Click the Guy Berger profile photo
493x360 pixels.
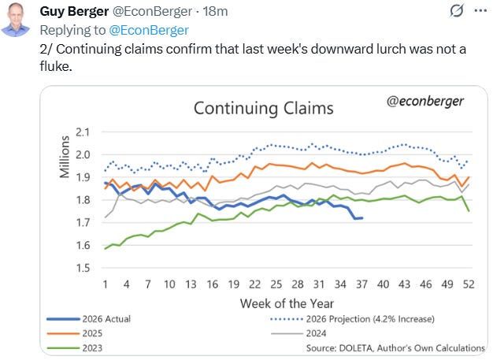pos(15,20)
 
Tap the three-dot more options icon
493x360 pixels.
pos(480,11)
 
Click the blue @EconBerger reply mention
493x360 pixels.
pos(149,30)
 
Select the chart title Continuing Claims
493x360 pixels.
pos(264,109)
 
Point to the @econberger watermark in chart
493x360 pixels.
pos(425,102)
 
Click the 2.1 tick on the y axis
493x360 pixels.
pos(83,132)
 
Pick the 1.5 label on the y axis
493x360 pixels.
pos(83,268)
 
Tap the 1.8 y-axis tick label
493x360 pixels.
pos(83,200)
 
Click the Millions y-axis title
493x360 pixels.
pos(65,157)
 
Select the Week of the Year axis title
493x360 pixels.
pos(287,304)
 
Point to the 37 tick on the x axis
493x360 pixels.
pos(361,284)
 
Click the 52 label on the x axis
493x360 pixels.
pos(469,284)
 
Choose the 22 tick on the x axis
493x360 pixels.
pos(254,284)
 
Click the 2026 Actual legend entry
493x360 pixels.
pos(89,319)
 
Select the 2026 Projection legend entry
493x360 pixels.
pos(353,319)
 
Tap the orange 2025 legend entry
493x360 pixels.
pos(75,333)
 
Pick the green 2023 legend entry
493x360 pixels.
pos(75,348)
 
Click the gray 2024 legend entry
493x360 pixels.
pos(298,333)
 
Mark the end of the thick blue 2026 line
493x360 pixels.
pos(362,218)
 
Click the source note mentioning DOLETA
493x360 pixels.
pos(395,348)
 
